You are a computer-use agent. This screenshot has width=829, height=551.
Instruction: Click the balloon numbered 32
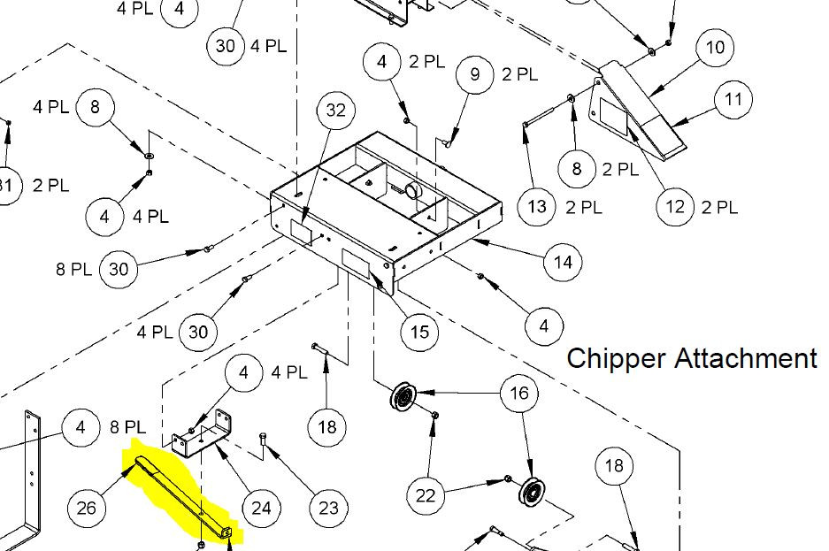pos(335,111)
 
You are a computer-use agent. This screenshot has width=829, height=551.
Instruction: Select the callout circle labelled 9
pos(476,74)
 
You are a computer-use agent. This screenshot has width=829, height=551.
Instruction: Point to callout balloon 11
pos(733,100)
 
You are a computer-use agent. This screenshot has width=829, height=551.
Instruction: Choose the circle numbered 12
pos(676,207)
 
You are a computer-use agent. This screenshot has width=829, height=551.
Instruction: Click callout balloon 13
pos(538,208)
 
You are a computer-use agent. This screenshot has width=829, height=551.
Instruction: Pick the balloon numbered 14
pos(563,262)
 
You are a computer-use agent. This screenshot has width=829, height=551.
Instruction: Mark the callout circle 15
pos(419,332)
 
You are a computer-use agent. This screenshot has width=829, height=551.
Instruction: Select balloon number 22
pos(426,496)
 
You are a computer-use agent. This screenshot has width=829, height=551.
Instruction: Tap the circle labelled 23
pos(328,508)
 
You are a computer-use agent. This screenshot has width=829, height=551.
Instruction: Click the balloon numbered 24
pos(261,508)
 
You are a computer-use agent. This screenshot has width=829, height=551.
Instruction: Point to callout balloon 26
pos(87,508)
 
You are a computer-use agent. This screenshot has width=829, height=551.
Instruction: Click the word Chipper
pos(616,358)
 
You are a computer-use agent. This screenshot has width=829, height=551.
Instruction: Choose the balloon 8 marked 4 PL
pos(96,108)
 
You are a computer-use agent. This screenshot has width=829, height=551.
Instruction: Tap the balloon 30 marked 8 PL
pos(119,269)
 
